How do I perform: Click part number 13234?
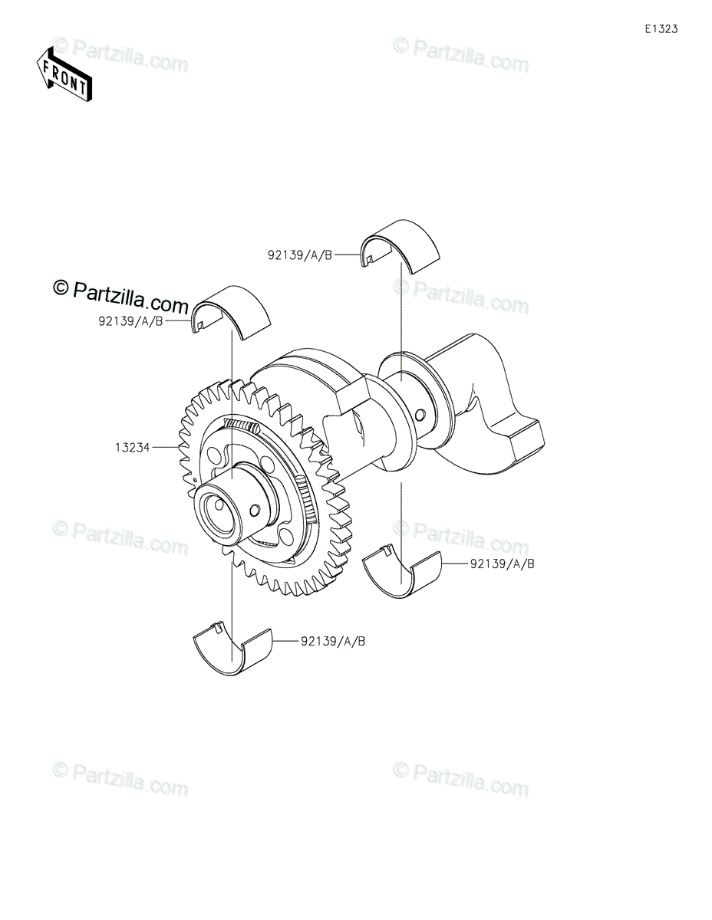pos(133,445)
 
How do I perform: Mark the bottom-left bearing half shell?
pos(232,652)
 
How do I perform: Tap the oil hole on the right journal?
pos(420,415)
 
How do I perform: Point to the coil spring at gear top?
pos(242,426)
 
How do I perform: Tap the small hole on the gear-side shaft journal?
pos(256,508)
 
